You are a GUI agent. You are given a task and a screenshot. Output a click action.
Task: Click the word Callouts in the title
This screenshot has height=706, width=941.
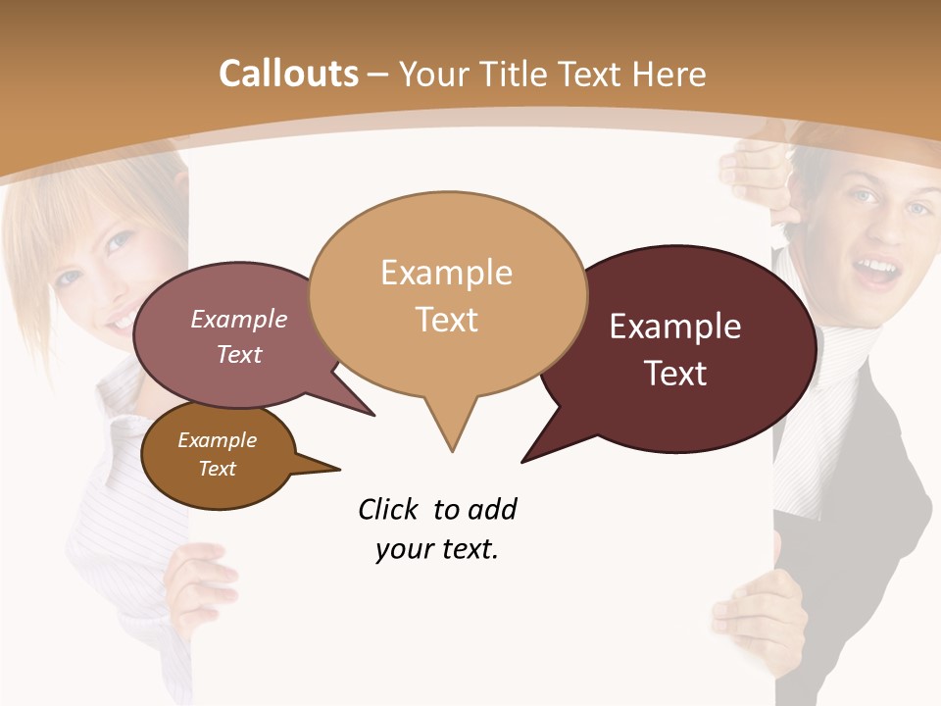[x=288, y=74]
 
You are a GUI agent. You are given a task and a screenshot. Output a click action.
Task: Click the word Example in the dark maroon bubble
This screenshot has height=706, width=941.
[x=674, y=327]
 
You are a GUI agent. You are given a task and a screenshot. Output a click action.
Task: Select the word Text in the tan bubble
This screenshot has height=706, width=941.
[x=447, y=320]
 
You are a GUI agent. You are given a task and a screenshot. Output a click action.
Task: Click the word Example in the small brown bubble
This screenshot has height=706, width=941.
[x=217, y=440]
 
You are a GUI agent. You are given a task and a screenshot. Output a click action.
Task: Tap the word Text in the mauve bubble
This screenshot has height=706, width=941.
[x=239, y=355]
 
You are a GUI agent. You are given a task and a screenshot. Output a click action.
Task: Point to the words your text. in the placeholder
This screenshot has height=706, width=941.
[x=437, y=549]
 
